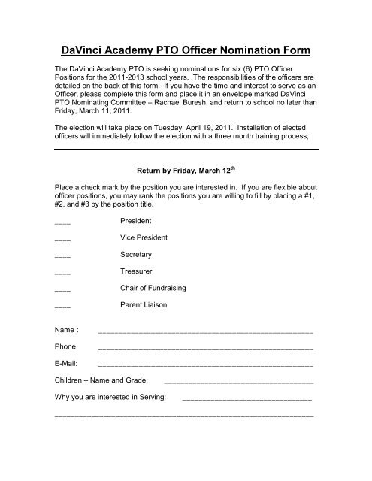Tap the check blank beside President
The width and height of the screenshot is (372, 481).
coord(63,224)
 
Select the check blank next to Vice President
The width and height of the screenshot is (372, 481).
coord(63,240)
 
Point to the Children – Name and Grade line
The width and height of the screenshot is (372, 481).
coord(238,383)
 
